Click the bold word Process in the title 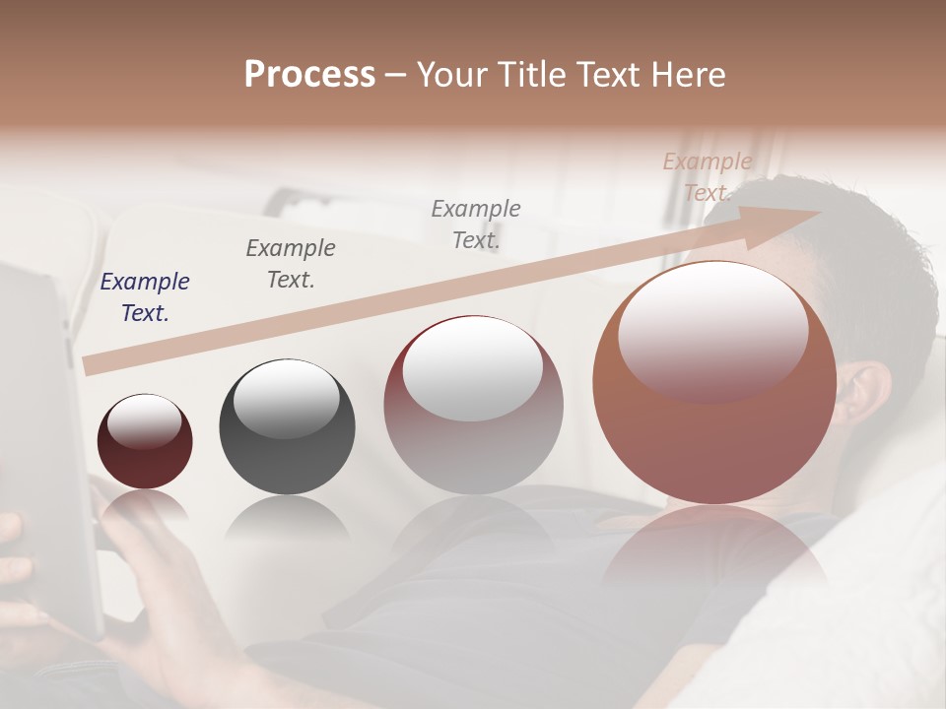309,75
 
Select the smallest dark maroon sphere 145,441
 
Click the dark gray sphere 287,426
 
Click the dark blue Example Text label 144,297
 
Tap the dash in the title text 396,75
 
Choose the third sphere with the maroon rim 473,406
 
